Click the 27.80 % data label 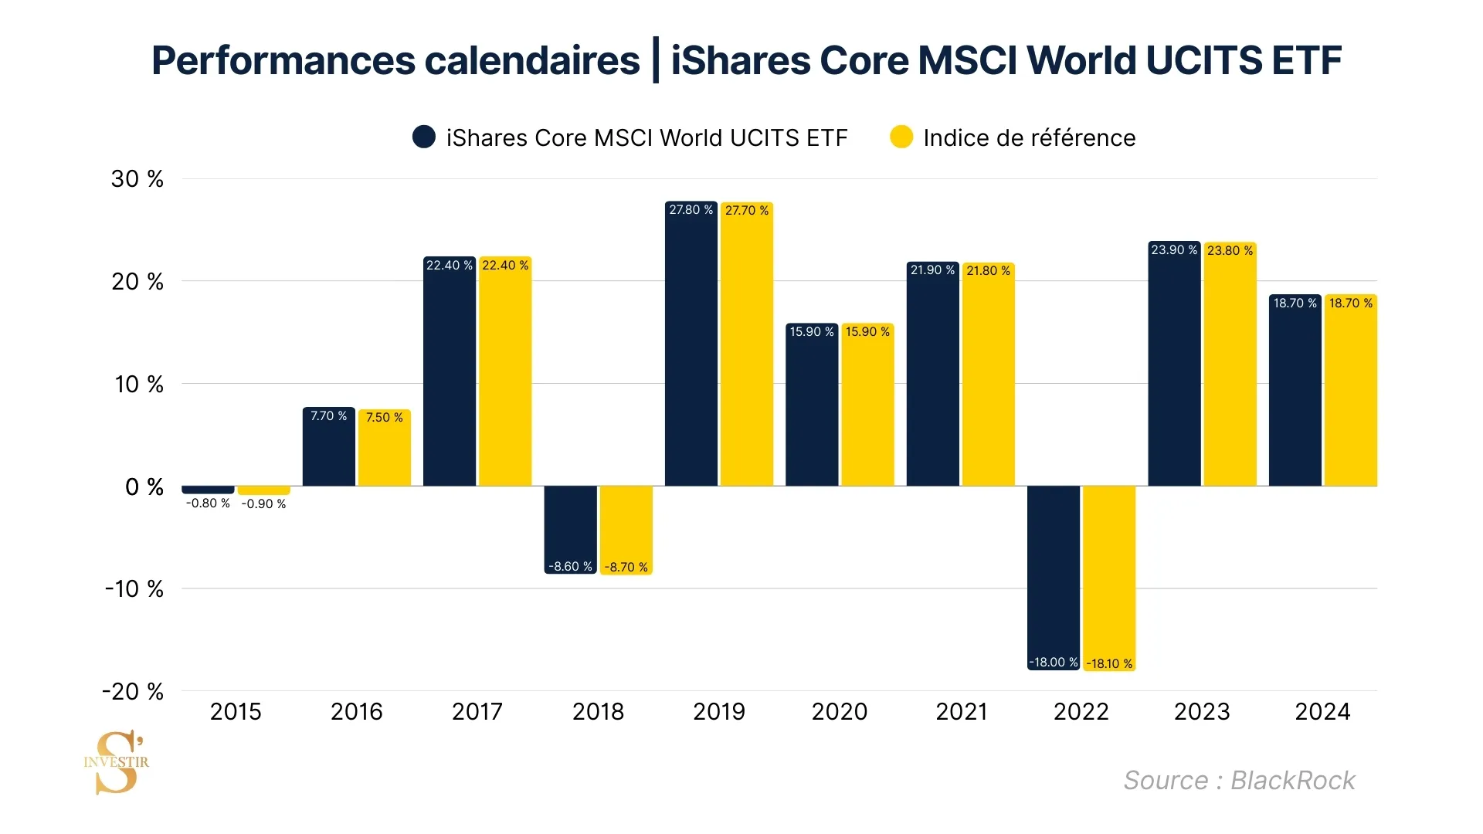[691, 210]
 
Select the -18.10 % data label [1109, 663]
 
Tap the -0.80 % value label [208, 503]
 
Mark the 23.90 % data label [1174, 250]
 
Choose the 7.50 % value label [384, 418]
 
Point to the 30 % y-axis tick [137, 179]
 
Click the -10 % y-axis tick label [134, 589]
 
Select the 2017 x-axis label [477, 711]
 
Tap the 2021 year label [961, 711]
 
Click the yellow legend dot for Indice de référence [901, 137]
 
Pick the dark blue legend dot [424, 137]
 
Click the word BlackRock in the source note [1292, 781]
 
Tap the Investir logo [117, 762]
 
